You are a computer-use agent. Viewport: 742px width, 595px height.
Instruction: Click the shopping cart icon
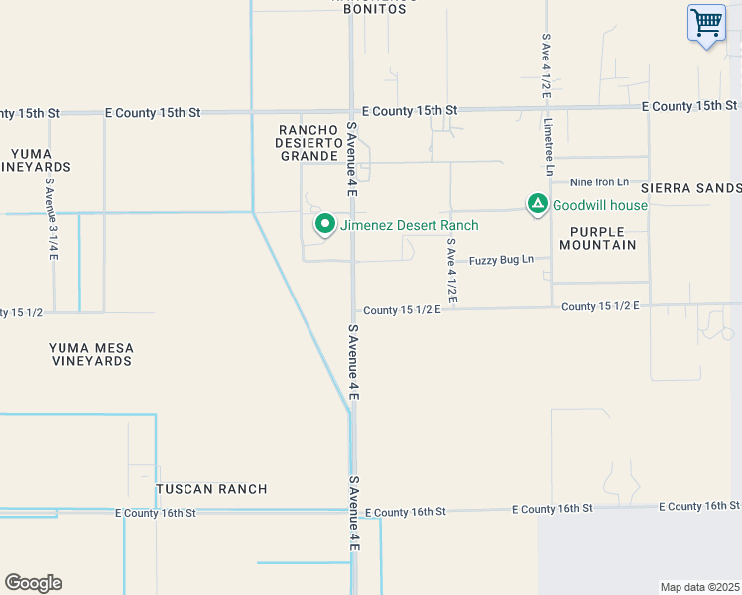point(706,22)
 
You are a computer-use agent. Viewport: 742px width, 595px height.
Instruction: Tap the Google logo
point(33,583)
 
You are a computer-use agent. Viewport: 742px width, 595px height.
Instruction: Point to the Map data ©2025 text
point(699,587)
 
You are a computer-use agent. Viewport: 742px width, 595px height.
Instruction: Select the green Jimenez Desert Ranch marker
point(324,225)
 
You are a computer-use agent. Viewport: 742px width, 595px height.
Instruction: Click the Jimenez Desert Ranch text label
point(409,226)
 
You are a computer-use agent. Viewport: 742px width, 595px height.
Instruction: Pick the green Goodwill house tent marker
point(537,205)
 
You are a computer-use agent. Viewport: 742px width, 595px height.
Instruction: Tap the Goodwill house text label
point(599,206)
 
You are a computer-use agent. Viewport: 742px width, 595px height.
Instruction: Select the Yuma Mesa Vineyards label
point(90,354)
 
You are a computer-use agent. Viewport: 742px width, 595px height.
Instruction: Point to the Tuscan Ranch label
point(211,489)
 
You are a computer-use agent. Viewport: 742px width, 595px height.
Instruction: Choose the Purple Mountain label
point(596,238)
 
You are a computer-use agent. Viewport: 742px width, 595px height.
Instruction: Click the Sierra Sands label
point(690,187)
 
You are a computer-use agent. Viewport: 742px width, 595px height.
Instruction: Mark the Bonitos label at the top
point(375,9)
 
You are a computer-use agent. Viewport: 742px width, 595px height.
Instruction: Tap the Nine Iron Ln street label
point(599,182)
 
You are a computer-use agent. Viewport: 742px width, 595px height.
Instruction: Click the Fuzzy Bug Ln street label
point(501,260)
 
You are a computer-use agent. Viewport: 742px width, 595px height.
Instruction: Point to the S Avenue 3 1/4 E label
point(52,219)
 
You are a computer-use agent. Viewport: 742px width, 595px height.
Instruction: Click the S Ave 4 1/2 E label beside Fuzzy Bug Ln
point(451,270)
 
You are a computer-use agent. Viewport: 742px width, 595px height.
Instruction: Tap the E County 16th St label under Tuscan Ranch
point(156,513)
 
